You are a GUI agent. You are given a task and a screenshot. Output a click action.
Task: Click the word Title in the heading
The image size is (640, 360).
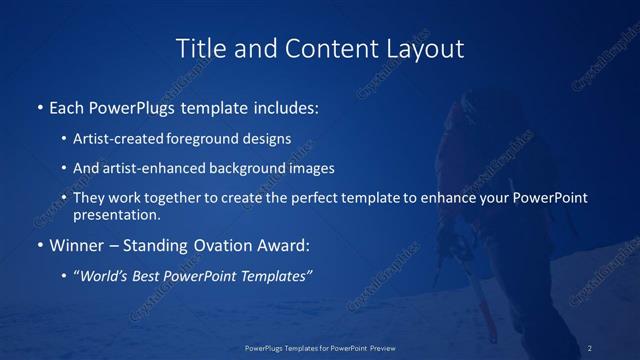200,48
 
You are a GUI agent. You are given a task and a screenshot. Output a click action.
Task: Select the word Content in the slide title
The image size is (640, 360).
322,48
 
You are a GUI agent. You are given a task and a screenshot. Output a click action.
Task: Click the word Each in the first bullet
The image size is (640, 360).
66,106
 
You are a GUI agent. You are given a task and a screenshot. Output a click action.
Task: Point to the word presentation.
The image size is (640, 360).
116,214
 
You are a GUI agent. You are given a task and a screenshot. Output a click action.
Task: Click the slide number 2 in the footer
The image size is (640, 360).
590,348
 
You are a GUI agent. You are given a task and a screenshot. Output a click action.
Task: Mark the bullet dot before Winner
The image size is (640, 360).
39,245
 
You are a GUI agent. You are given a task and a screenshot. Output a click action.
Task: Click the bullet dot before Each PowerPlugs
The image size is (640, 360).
39,107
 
